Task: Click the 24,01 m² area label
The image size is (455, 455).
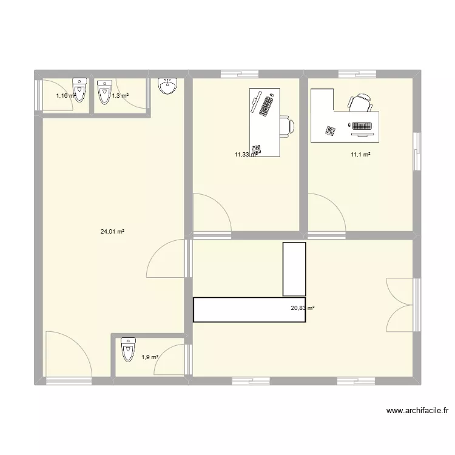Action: [x=112, y=231]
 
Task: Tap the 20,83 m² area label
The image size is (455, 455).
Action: [x=303, y=308]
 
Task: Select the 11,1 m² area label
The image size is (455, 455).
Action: [x=360, y=155]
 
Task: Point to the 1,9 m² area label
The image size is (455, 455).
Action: [x=150, y=357]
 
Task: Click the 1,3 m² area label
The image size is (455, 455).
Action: [x=120, y=95]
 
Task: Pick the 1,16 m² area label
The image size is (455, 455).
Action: [x=66, y=95]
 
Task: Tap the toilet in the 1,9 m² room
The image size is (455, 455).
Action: [x=127, y=349]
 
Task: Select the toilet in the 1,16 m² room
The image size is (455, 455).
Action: [x=79, y=89]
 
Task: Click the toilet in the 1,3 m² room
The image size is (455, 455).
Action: [x=104, y=89]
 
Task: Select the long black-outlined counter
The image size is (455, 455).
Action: [x=249, y=309]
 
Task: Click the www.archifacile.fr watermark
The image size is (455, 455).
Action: [x=417, y=411]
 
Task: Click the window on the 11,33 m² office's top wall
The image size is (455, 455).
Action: [x=240, y=74]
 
